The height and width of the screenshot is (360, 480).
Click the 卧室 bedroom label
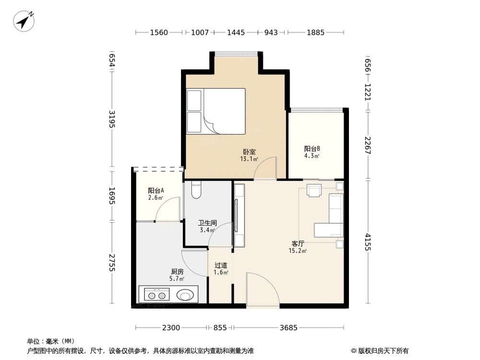coord(249,152)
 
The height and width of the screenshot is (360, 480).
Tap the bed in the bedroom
coord(216,111)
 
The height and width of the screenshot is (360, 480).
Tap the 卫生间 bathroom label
coord(208,223)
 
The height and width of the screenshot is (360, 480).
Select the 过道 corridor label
coord(221,265)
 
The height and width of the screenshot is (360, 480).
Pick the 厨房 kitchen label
coord(177,272)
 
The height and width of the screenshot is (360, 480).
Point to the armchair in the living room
coord(314,191)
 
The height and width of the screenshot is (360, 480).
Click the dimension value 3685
coord(288,328)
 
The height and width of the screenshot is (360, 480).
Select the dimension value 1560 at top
coord(159,33)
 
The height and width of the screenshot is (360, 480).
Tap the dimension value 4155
coord(368,242)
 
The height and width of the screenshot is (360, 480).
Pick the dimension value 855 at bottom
coord(220,328)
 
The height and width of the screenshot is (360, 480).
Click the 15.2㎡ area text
coord(298,251)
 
